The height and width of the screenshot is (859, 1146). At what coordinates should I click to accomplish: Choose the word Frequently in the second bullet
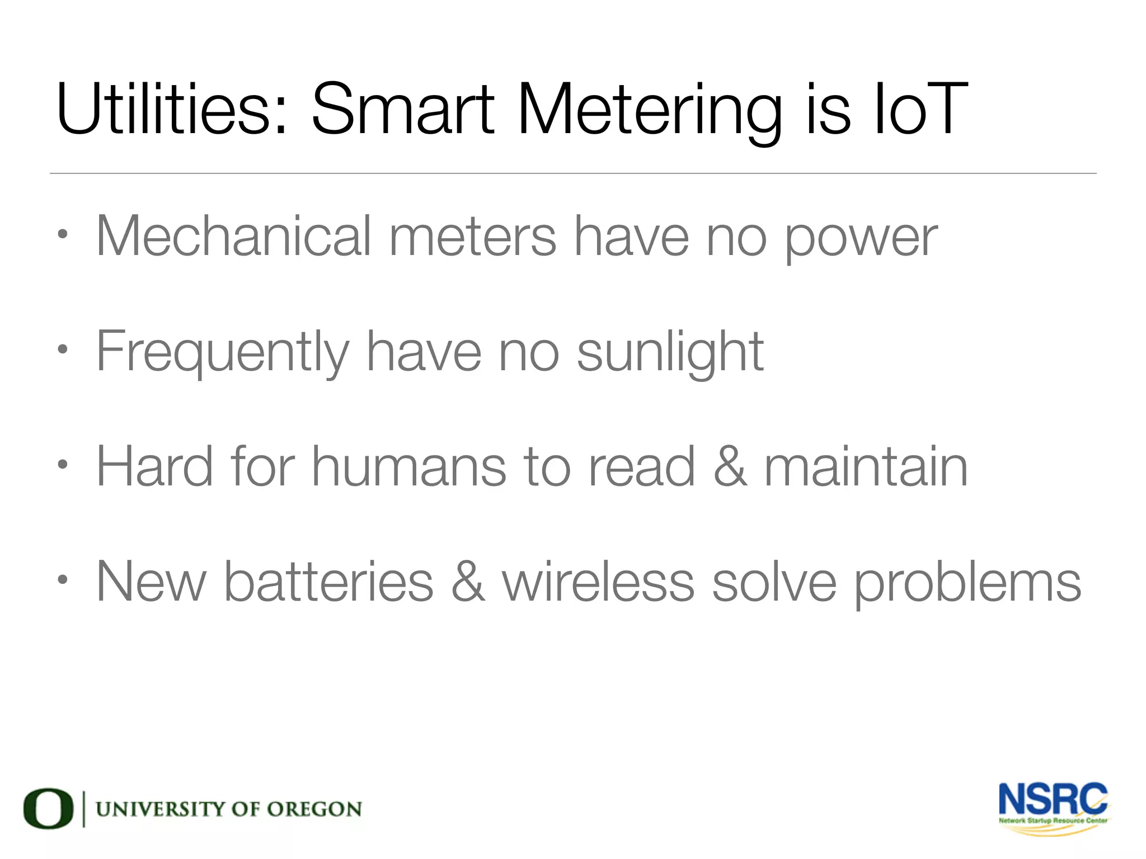pos(223,352)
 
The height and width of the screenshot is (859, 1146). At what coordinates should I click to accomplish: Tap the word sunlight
pos(670,352)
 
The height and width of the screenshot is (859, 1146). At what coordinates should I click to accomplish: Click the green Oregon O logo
pos(48,809)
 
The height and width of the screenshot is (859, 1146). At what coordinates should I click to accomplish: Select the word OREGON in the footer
pos(314,809)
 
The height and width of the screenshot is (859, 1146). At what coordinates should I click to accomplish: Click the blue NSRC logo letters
pos(1053,800)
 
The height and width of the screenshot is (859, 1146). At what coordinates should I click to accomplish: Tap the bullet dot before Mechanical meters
pos(63,235)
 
